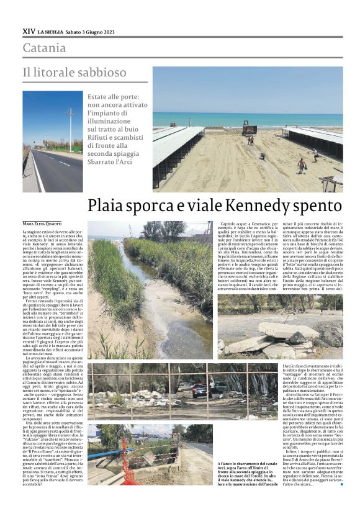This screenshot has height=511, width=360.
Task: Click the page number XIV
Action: [29, 30]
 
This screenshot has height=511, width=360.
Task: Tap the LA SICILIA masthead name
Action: [57, 31]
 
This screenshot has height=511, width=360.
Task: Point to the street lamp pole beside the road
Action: [70, 130]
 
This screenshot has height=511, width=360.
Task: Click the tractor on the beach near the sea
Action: [249, 129]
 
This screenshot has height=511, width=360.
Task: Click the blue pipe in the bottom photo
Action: [106, 454]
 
